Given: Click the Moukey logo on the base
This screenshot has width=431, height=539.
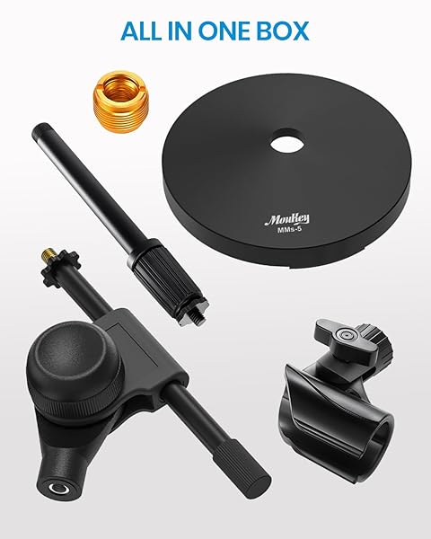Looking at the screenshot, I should [286, 218].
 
